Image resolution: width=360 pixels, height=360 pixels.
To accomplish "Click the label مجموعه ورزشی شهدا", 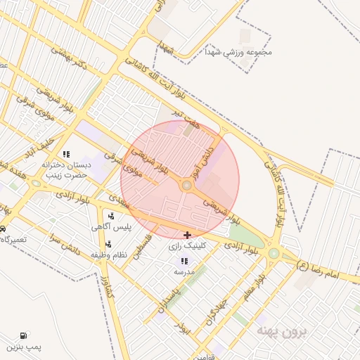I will pyautogui.click(x=238, y=52).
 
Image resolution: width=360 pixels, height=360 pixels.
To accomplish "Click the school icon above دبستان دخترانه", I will pyautogui.click(x=66, y=154).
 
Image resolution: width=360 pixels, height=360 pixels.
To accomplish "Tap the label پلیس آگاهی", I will pyautogui.click(x=109, y=227).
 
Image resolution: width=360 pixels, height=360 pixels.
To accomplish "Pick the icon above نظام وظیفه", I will pyautogui.click(x=108, y=245).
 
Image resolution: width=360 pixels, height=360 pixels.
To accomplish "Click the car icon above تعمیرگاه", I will pyautogui.click(x=3, y=229).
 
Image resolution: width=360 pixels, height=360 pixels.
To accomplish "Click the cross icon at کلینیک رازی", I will pyautogui.click(x=186, y=235).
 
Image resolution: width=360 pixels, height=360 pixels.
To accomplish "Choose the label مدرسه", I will pyautogui.click(x=184, y=271).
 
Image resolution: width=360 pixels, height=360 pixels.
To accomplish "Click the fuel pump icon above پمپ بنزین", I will pyautogui.click(x=25, y=335).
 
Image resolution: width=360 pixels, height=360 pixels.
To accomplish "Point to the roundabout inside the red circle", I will pyautogui.click(x=187, y=186).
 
